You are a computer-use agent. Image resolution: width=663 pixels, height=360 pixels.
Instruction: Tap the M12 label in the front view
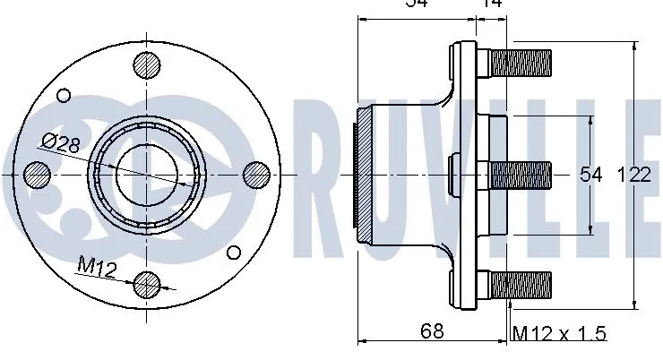click(96, 265)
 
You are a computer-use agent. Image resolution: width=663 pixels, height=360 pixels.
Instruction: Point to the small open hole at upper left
click(63, 96)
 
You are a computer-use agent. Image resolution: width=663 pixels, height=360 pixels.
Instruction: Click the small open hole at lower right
click(234, 252)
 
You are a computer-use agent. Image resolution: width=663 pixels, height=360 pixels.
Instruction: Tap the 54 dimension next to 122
click(592, 176)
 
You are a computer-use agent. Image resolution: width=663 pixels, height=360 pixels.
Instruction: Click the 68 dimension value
click(432, 330)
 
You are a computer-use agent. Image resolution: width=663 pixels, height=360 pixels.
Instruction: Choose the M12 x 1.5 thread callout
click(559, 333)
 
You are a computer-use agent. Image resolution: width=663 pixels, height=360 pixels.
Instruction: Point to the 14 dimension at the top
click(491, 4)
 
